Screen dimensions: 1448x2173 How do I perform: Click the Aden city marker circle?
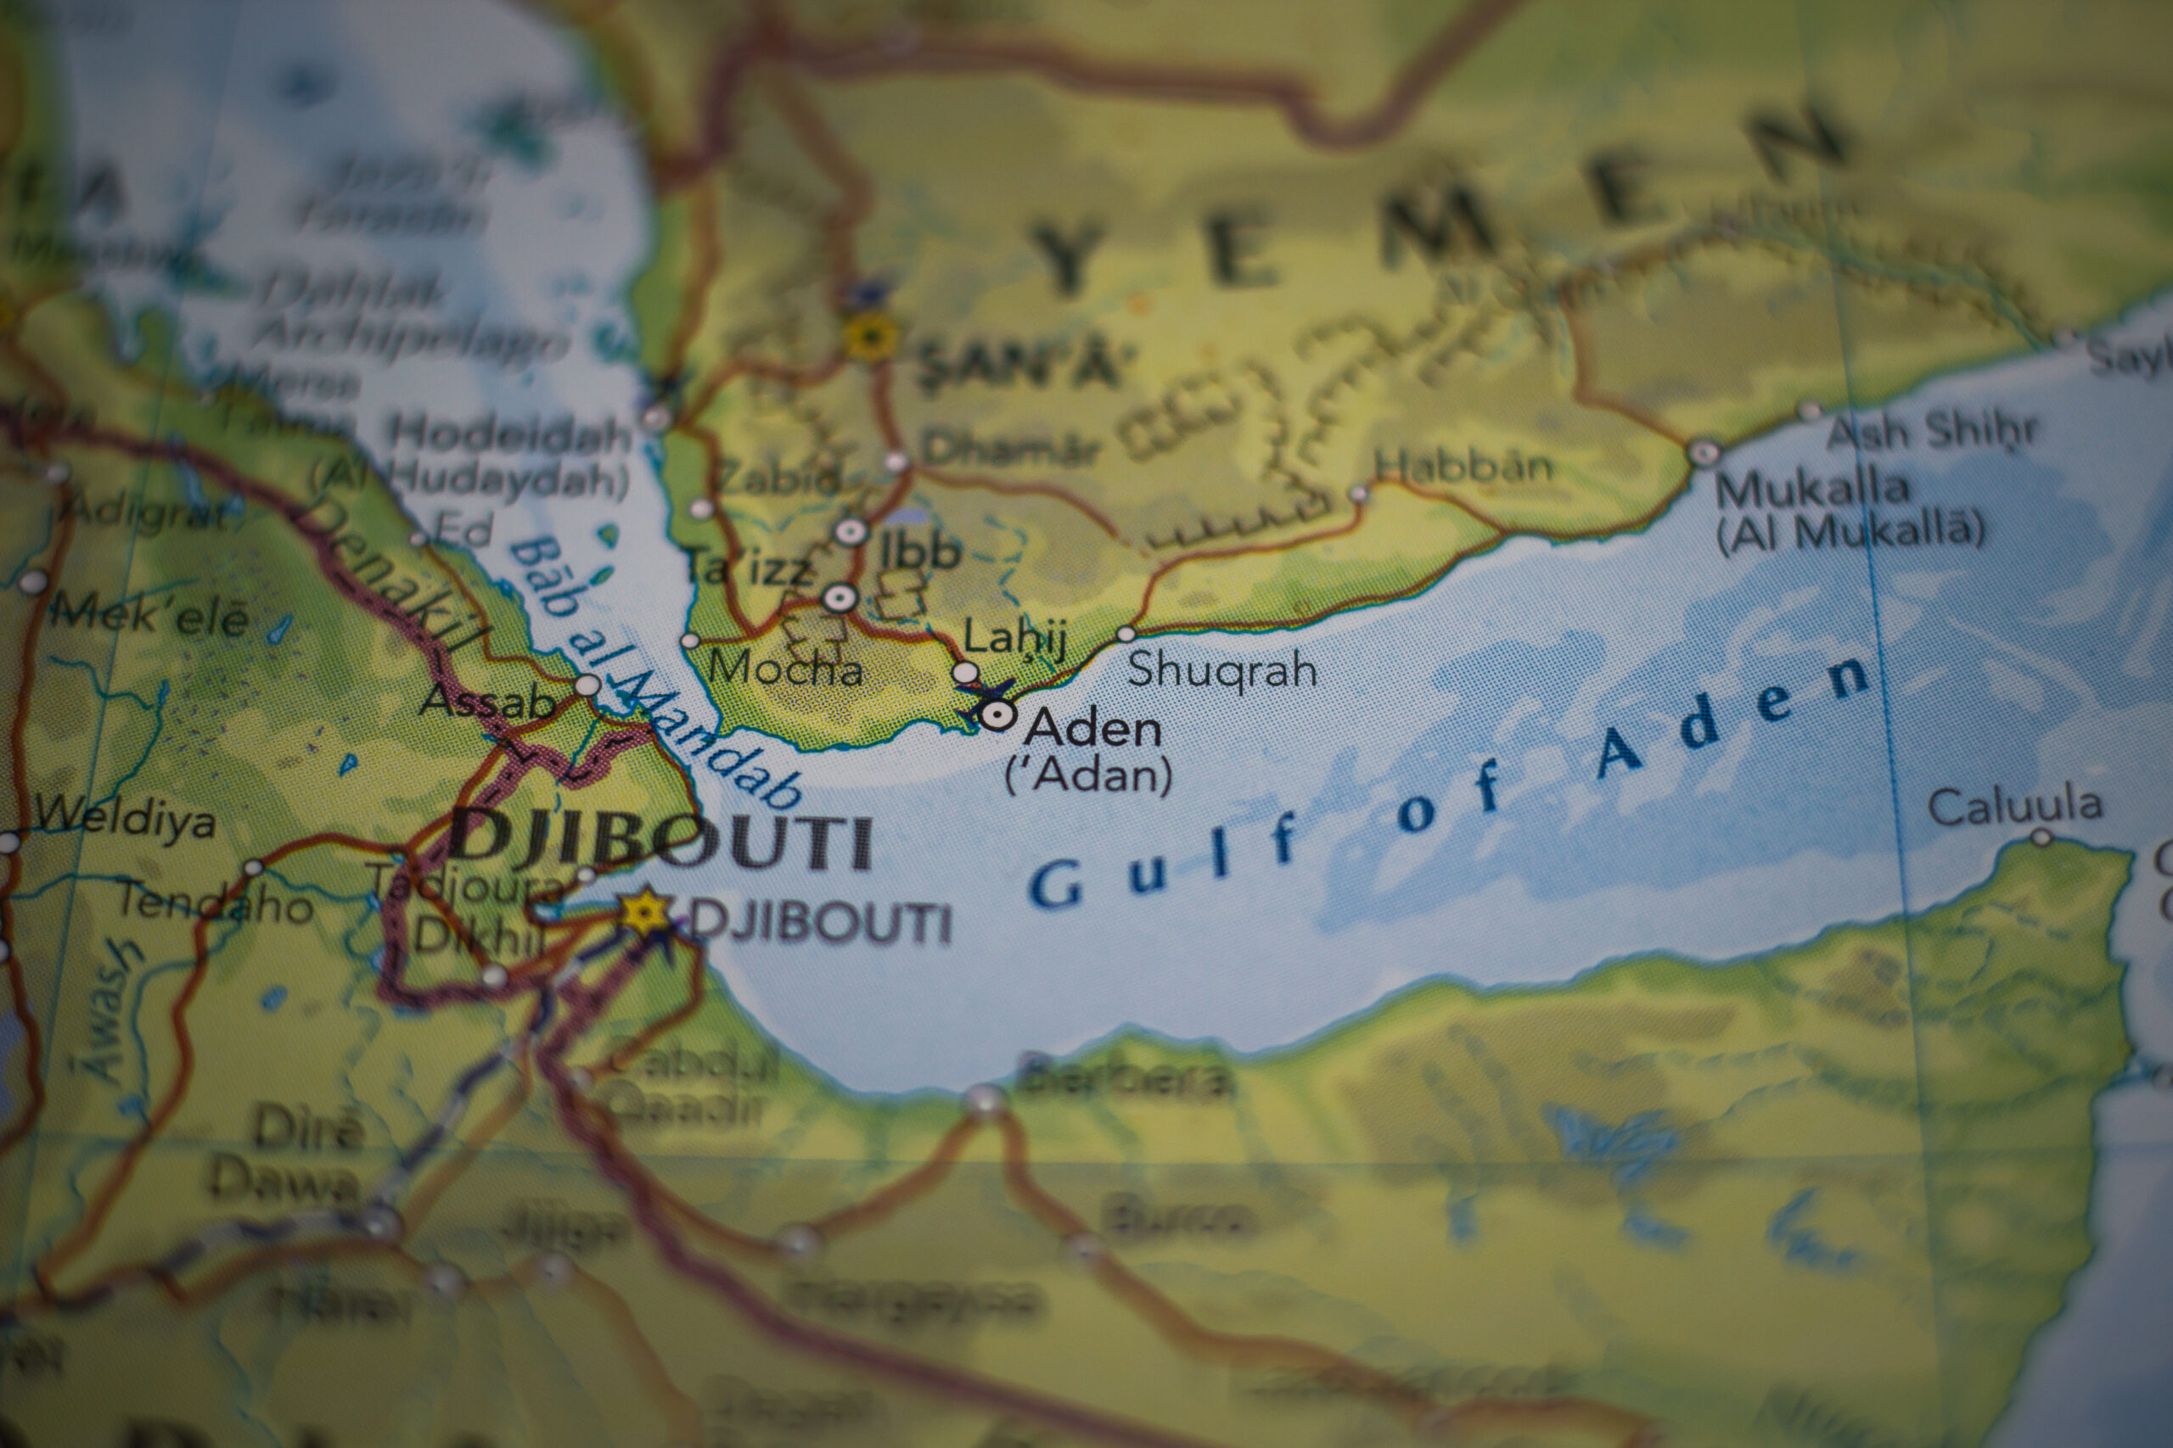click(x=998, y=715)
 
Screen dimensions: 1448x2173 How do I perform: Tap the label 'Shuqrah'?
click(x=1221, y=668)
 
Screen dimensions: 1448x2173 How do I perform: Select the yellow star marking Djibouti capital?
click(x=644, y=911)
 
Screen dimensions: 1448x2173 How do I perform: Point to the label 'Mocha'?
click(x=785, y=667)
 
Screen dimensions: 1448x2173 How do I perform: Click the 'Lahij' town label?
click(x=1014, y=638)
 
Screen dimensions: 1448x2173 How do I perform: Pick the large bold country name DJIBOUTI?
click(x=661, y=841)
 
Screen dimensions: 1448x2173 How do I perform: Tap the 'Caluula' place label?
click(x=2015, y=806)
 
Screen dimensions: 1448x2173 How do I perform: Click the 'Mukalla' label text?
click(x=1811, y=489)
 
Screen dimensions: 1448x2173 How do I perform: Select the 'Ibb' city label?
click(x=919, y=551)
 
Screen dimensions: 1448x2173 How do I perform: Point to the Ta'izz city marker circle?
click(x=839, y=598)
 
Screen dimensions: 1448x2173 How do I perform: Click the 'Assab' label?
click(x=487, y=702)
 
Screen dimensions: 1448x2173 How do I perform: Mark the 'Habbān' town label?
click(x=1463, y=467)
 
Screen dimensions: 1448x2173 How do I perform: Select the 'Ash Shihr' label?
click(x=1932, y=431)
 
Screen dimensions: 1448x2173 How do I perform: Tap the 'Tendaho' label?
click(x=215, y=903)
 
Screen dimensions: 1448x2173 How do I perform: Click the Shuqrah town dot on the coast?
click(x=1126, y=634)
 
